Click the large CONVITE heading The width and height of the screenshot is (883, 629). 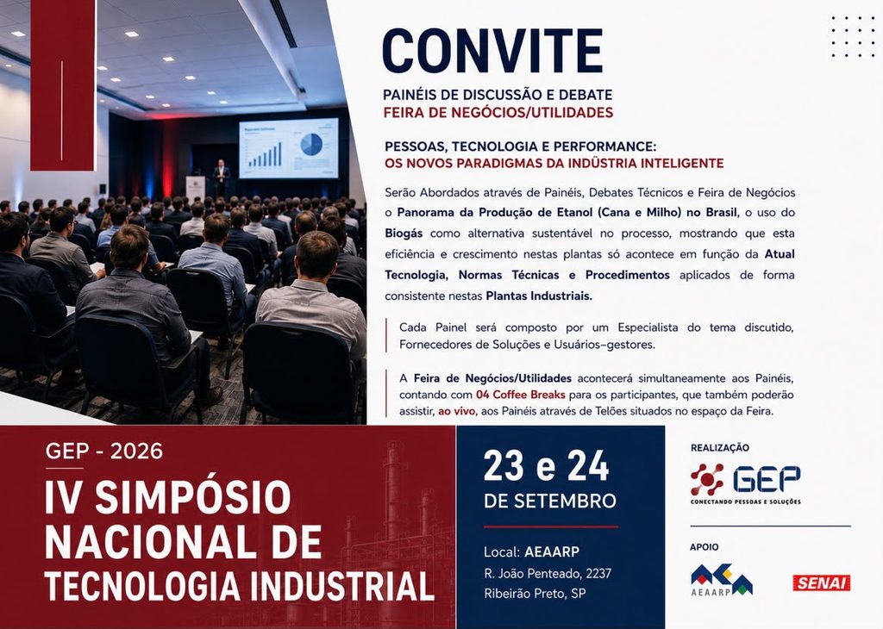[492, 51]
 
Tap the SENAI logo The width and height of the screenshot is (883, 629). [821, 582]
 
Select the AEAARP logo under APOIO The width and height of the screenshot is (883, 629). [722, 580]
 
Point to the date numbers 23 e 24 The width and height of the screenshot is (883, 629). [546, 466]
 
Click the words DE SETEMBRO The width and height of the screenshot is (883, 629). [549, 501]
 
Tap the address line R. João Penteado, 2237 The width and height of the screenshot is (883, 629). [548, 573]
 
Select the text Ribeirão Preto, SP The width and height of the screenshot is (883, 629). [535, 594]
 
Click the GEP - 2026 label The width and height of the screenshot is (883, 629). [104, 452]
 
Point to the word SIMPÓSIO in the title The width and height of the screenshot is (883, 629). [192, 497]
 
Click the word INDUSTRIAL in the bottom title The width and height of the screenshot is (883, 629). [341, 586]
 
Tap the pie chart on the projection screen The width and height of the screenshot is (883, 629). [310, 144]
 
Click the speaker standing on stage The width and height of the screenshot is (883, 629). [222, 178]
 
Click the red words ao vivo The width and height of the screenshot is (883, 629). [456, 411]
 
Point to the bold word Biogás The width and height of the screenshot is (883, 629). [404, 234]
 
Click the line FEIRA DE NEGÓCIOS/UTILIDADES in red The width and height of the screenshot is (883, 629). [498, 113]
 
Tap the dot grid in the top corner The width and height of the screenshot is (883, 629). [853, 36]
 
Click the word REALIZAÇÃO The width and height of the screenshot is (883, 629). [720, 448]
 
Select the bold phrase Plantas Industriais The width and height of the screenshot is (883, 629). [539, 296]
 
